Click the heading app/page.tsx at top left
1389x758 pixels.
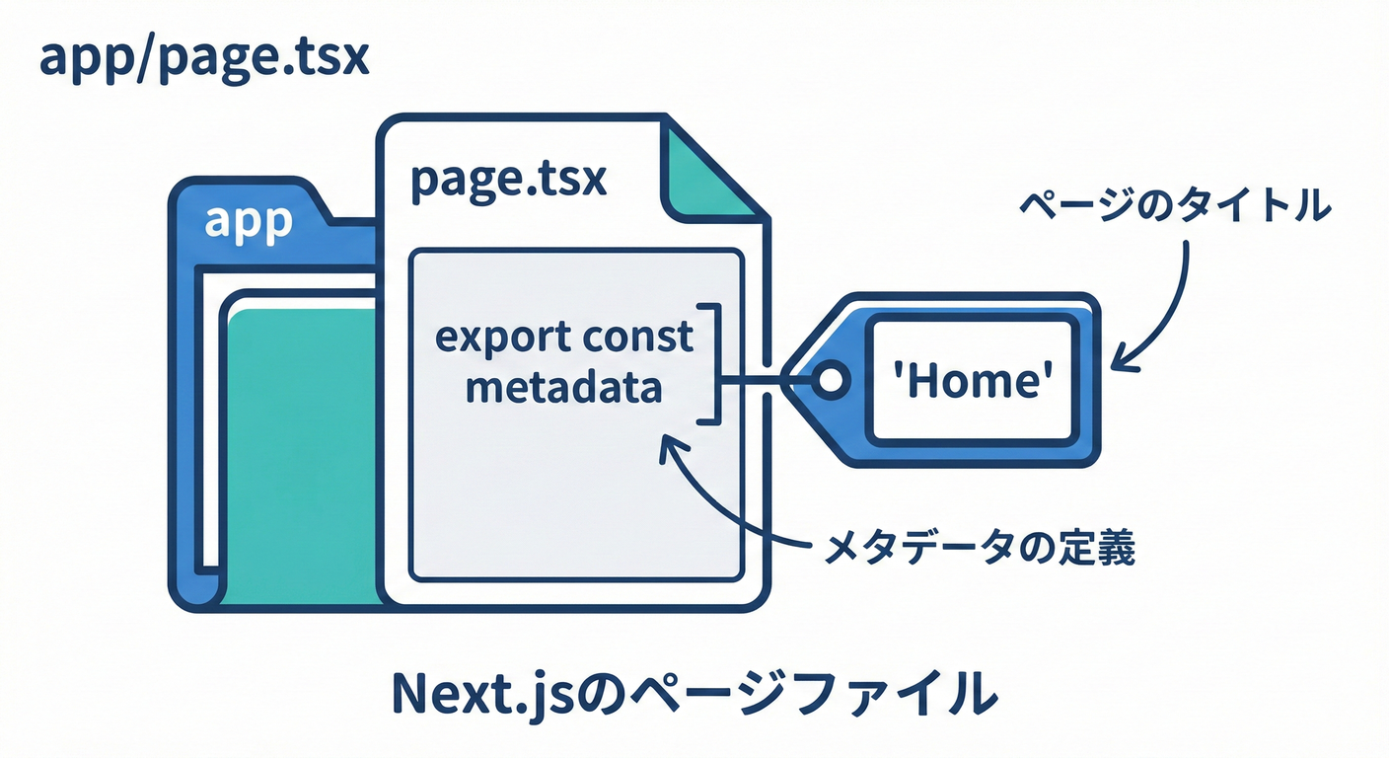pos(203,60)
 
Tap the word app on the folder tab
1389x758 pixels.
pos(249,221)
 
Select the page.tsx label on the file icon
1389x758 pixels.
pos(508,180)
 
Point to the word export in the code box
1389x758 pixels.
pos(493,339)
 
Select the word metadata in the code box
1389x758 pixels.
pos(562,388)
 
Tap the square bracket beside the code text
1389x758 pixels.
pos(713,364)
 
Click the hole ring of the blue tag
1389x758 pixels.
pos(830,379)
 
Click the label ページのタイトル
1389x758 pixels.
pos(1174,208)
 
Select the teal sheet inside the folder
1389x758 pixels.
pos(301,454)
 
